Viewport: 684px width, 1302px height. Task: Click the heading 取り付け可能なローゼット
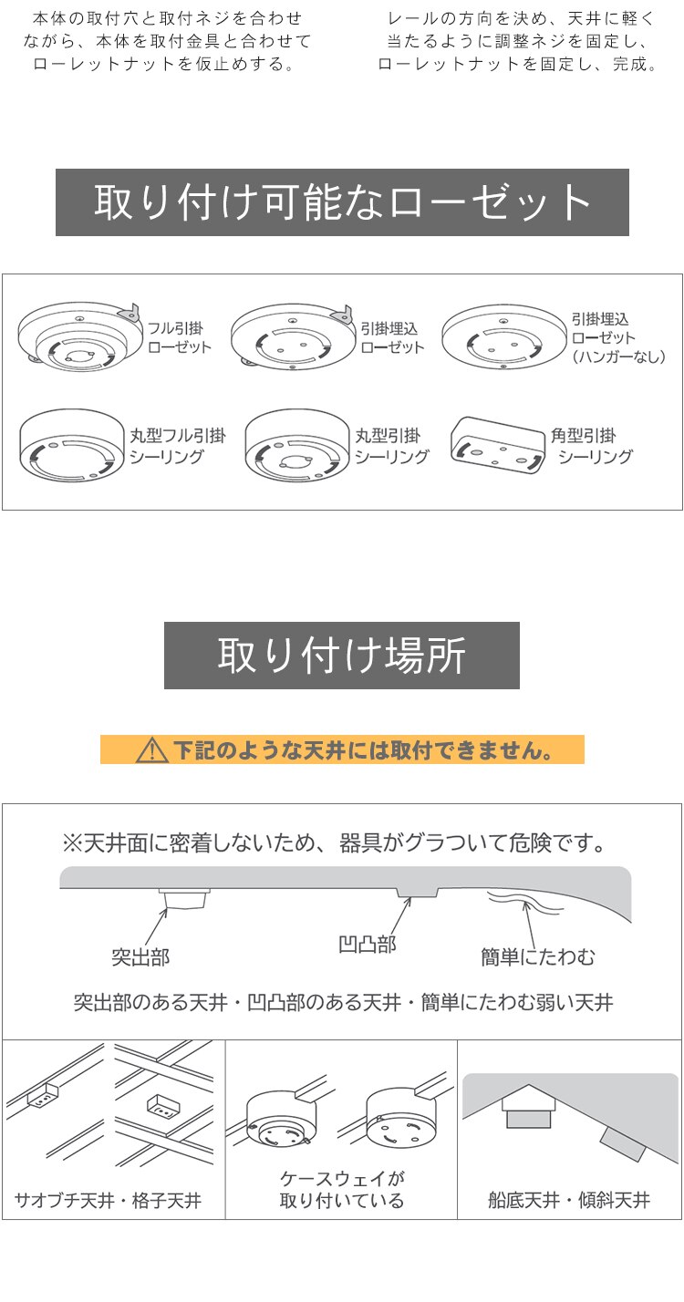click(x=342, y=202)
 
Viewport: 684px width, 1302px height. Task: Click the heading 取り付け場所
click(x=341, y=656)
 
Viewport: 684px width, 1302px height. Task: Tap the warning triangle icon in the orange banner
click(x=150, y=750)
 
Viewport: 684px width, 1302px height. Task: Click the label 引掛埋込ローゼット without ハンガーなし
click(x=393, y=337)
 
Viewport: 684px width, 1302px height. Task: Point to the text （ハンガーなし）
click(x=618, y=357)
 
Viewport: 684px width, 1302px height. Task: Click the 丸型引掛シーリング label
click(x=391, y=446)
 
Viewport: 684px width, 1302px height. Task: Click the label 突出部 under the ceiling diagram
click(x=140, y=957)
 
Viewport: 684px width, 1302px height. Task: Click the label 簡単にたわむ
click(x=538, y=957)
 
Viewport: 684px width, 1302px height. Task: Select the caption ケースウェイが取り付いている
click(x=341, y=1190)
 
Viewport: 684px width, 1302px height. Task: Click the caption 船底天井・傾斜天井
click(x=569, y=1200)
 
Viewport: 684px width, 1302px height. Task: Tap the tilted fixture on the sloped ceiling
click(x=624, y=1142)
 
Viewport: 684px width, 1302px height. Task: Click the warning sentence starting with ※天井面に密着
click(x=334, y=842)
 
